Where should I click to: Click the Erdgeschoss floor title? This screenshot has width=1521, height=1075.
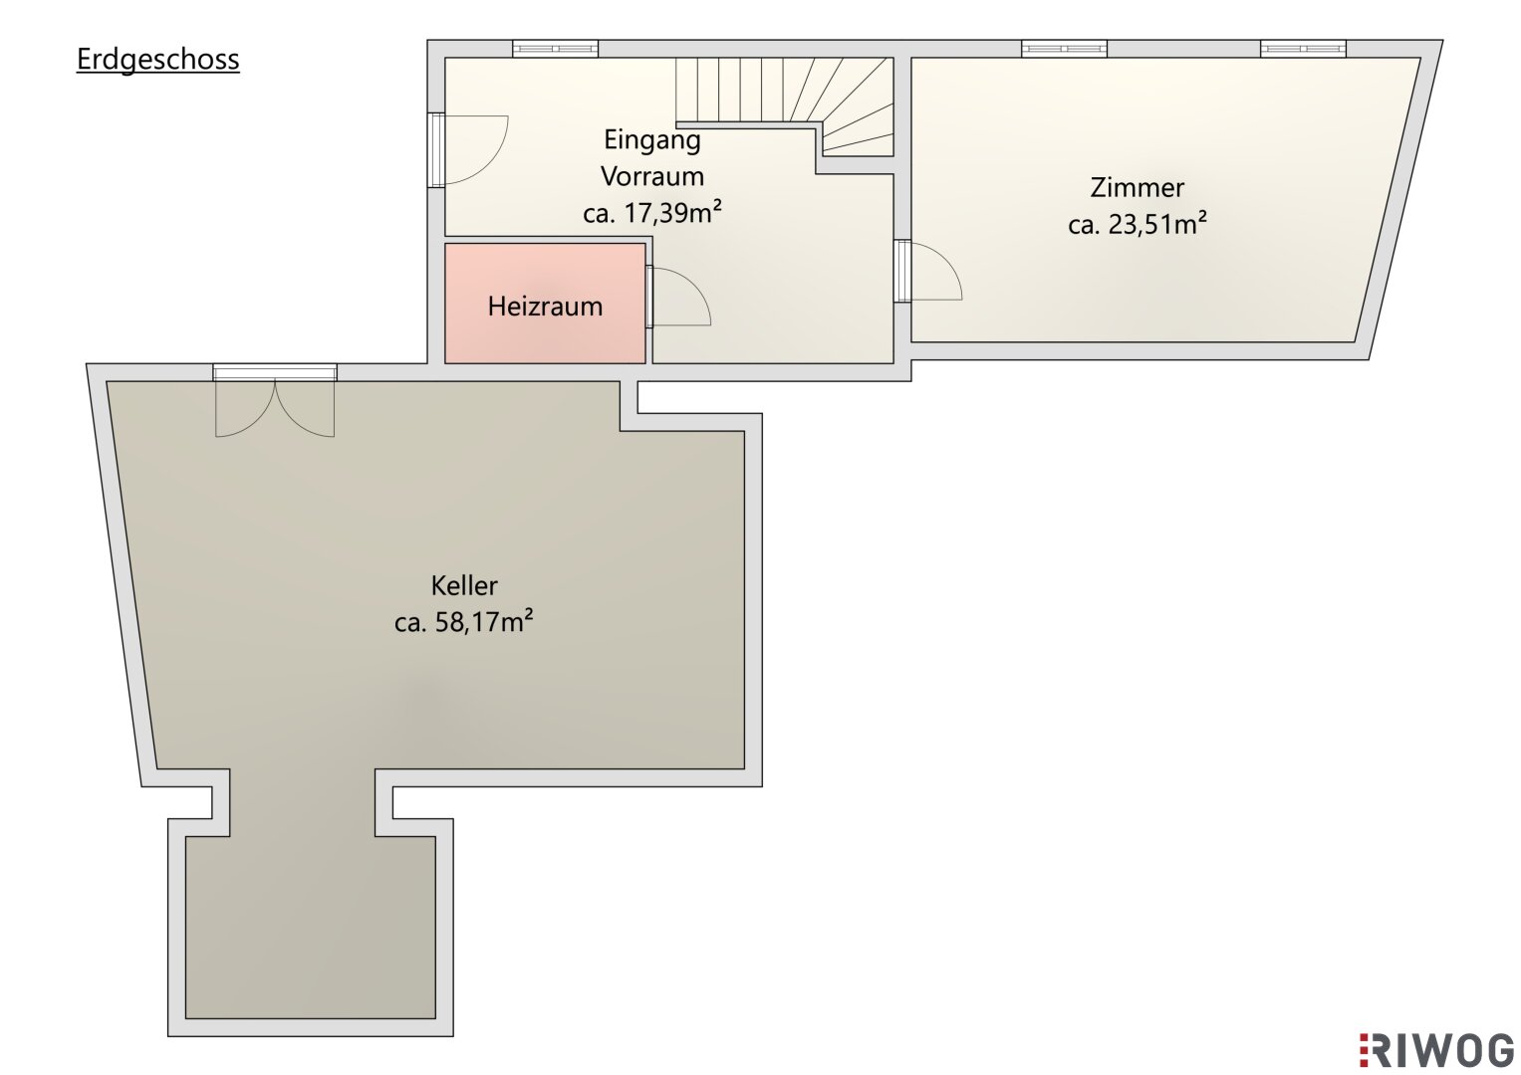pos(157,60)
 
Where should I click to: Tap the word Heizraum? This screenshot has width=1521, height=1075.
pos(545,307)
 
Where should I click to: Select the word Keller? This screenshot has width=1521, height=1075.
pos(464,584)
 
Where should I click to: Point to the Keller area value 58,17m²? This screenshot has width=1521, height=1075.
pos(483,621)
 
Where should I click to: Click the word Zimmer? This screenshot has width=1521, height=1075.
pos(1138,187)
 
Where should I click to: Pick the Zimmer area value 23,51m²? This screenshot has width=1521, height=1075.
pos(1157,224)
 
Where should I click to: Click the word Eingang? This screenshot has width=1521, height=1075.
pos(652,140)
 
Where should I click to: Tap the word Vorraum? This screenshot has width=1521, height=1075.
pos(652,176)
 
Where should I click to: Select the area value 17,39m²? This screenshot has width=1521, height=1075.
pos(672,213)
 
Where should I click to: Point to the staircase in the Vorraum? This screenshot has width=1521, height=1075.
pos(784,107)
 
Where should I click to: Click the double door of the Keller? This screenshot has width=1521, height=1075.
pos(275,408)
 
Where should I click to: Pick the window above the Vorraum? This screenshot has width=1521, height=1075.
pos(555,49)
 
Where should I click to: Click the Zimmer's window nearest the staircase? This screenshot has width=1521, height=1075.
pos(1064,49)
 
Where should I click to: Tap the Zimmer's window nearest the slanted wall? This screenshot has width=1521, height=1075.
pos(1303,49)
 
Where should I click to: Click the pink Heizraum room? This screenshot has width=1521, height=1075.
pos(545,304)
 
